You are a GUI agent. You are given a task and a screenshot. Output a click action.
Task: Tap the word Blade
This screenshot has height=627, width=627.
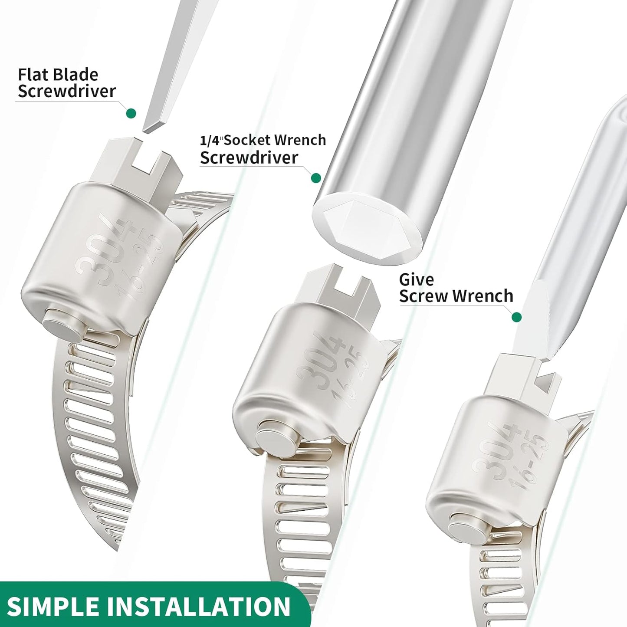click(x=78, y=75)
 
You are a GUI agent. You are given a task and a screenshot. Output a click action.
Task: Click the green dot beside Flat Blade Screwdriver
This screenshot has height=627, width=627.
click(x=131, y=113)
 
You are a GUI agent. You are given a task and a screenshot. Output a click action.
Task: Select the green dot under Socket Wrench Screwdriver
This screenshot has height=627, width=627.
click(x=316, y=178)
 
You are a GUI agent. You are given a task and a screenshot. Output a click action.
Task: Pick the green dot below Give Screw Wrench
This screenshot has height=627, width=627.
click(x=516, y=317)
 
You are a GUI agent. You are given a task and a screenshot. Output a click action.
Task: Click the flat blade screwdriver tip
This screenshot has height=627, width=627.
click(x=153, y=127)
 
